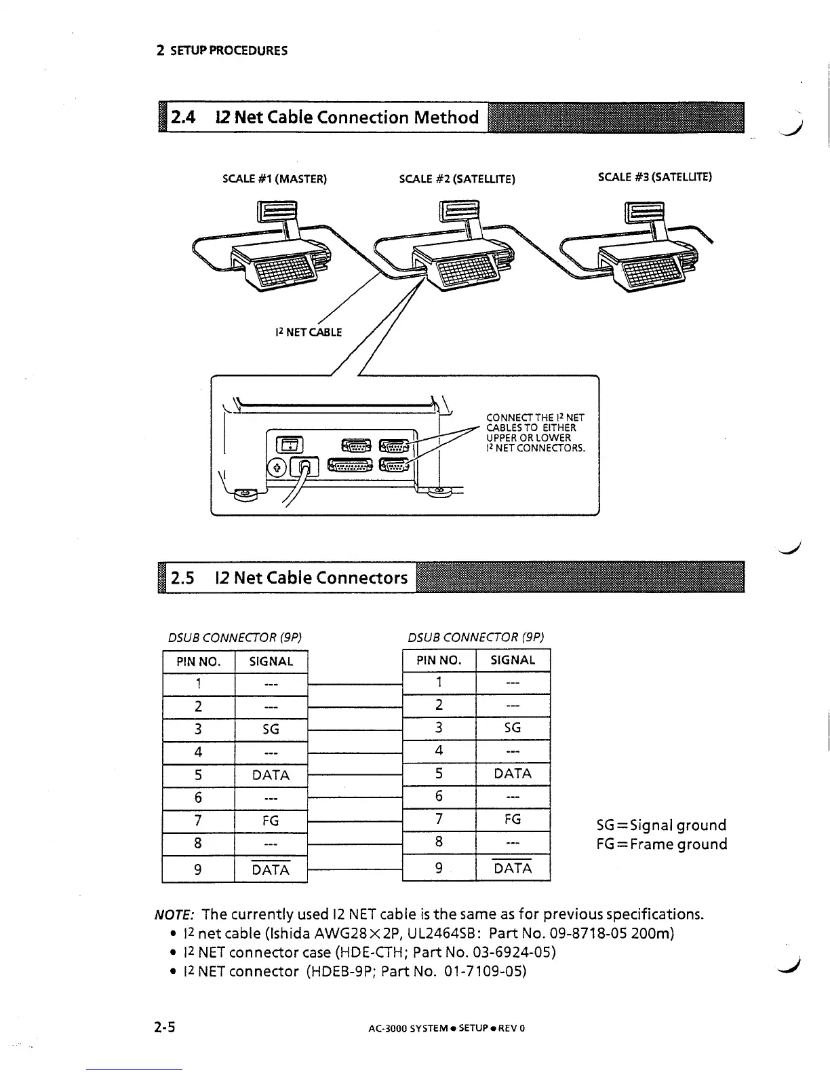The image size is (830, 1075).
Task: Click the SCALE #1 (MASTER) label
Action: (275, 179)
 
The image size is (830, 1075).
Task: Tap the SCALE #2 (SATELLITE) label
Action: (457, 179)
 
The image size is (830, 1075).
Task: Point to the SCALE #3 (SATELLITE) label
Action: (654, 177)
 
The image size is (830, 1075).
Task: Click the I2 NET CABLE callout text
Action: (309, 332)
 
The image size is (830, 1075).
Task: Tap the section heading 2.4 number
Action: (183, 117)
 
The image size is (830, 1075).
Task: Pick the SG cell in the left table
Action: (271, 729)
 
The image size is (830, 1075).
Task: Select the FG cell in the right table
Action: (513, 819)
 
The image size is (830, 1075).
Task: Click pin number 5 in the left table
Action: (198, 775)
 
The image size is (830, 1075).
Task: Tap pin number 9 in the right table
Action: (439, 867)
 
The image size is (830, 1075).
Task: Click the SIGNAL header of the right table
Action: (513, 660)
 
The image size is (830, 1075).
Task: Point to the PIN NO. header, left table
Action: (199, 661)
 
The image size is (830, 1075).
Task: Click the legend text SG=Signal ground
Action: (661, 825)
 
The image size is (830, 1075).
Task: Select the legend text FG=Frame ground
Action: (661, 844)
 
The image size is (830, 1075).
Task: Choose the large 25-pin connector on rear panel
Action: (351, 465)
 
